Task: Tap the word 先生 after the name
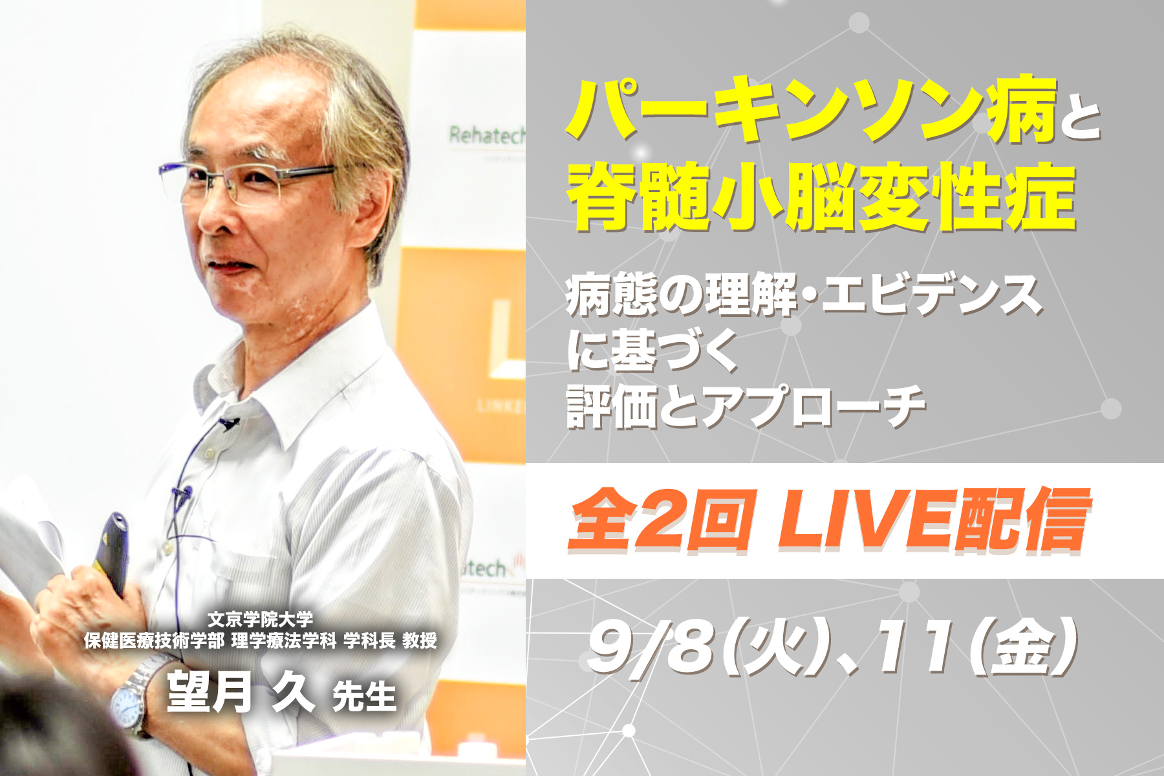pos(364,696)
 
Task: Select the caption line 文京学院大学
pos(261,619)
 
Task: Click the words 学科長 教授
pos(391,641)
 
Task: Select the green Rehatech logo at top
pos(487,136)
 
